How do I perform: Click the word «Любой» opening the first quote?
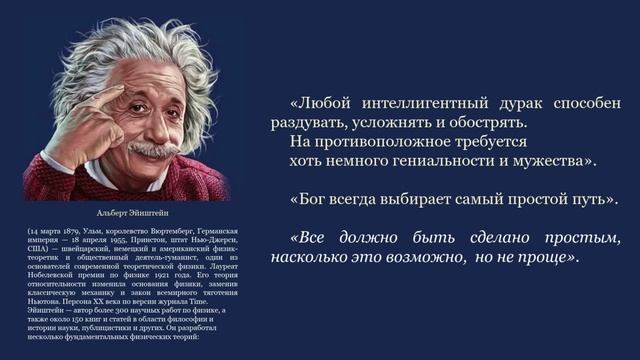[x=323, y=103]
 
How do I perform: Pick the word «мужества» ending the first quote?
[x=555, y=160]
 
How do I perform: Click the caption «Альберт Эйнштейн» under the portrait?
[x=127, y=213]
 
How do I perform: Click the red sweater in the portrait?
[x=75, y=175]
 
